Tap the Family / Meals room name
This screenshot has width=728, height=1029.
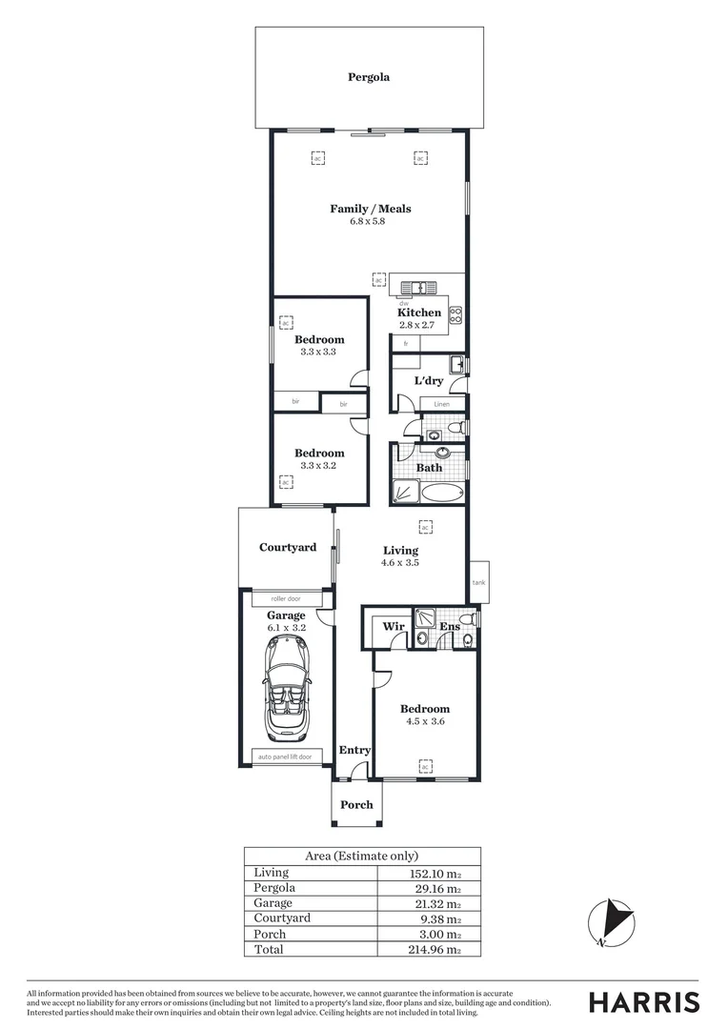(371, 209)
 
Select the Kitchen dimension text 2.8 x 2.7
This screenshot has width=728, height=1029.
(416, 325)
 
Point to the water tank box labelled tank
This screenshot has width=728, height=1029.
(478, 581)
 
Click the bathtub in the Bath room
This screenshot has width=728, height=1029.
(441, 493)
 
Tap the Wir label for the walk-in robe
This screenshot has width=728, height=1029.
(394, 627)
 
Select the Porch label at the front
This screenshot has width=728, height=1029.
(356, 804)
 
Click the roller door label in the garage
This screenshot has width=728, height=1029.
(285, 598)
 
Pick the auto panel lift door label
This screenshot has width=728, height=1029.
(285, 757)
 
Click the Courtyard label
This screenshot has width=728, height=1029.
(288, 548)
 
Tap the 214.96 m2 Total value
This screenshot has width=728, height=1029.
(434, 949)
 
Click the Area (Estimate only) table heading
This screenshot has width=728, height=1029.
(362, 856)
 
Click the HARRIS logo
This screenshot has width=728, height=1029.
(643, 1001)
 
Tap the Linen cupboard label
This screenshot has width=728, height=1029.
(441, 405)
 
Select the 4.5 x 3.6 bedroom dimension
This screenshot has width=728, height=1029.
(424, 721)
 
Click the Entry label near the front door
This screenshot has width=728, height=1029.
(354, 751)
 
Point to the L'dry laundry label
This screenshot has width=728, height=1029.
(428, 381)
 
